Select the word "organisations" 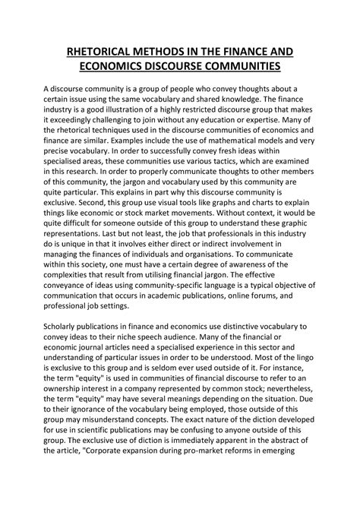[228, 280]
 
